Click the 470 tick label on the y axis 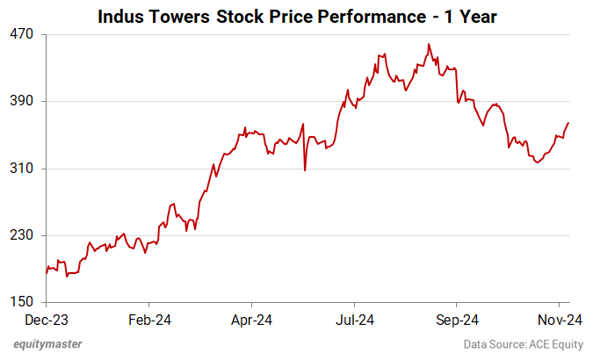pos(22,34)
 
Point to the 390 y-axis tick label pos(22,101)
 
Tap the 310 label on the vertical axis pos(22,169)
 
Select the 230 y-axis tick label pos(22,235)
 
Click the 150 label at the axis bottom pos(22,303)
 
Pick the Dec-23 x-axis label pos(46,320)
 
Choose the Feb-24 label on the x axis pos(148,320)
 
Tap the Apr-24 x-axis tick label pos(251,320)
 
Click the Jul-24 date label pos(355,320)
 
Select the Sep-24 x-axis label pos(457,320)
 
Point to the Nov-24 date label pos(558,320)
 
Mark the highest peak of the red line pos(429,44)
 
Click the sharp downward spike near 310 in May pos(305,169)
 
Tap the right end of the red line pos(569,123)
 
